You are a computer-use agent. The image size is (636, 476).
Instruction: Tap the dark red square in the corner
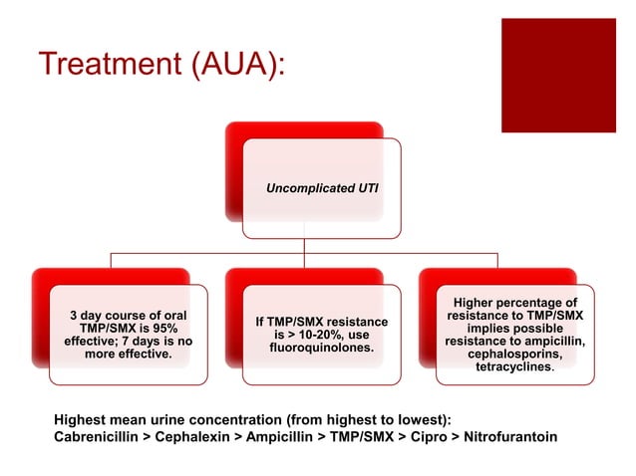[x=558, y=76]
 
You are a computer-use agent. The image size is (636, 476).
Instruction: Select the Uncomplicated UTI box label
[x=321, y=187]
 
